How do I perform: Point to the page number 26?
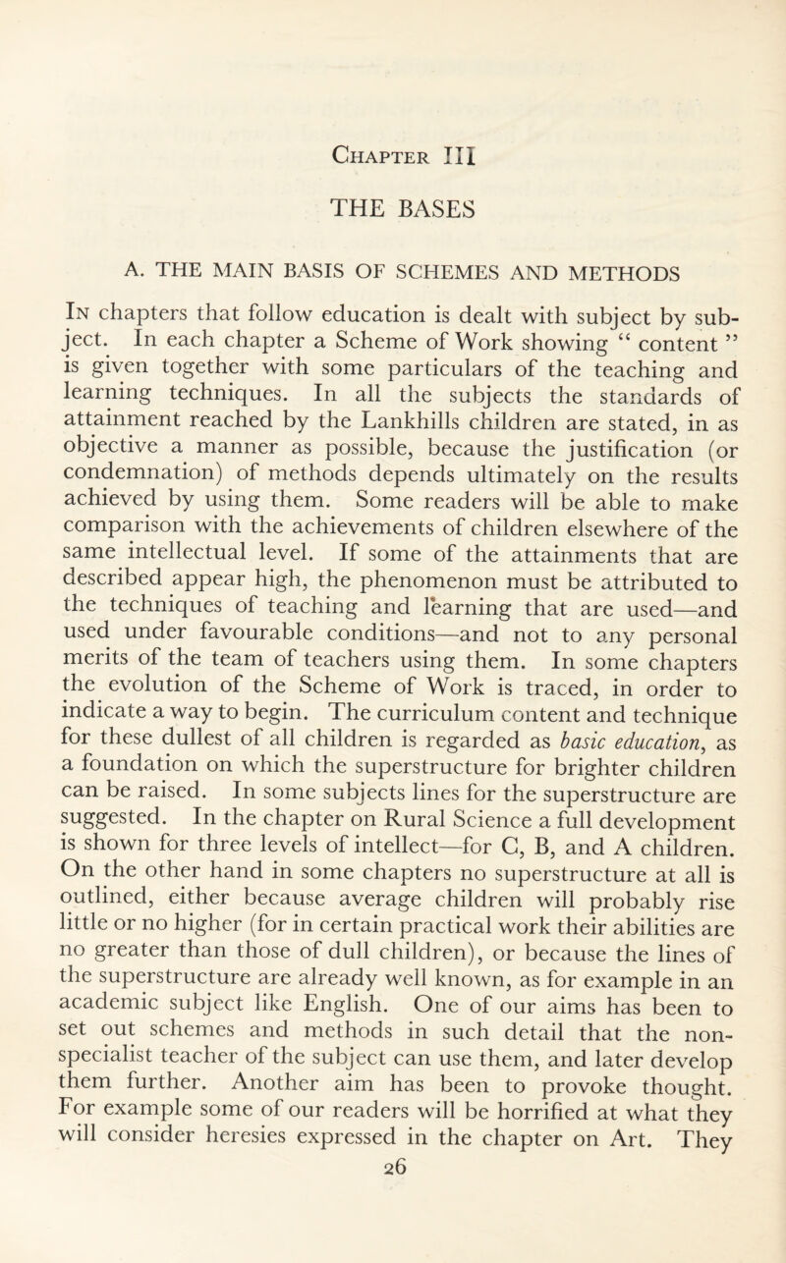392,1244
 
